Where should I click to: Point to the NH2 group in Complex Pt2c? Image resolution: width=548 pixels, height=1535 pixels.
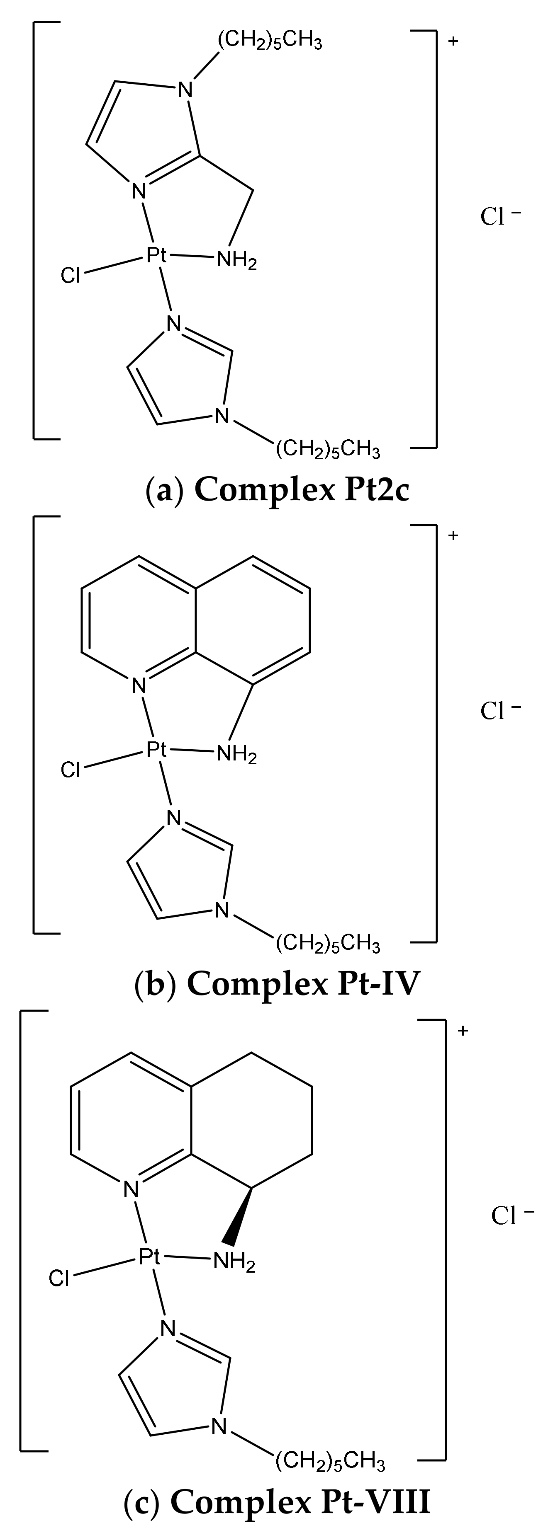(x=237, y=261)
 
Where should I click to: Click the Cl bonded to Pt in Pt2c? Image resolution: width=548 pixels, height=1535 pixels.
(x=71, y=276)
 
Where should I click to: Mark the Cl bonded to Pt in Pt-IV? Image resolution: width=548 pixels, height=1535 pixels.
(x=71, y=770)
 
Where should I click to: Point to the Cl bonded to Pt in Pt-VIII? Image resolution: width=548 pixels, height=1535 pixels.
(x=60, y=1278)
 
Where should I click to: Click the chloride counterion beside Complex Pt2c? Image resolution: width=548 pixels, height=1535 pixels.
(x=500, y=216)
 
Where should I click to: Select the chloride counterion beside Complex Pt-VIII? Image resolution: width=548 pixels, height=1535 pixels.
(x=511, y=1215)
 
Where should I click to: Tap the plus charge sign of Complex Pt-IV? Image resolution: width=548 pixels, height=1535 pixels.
(x=453, y=535)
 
